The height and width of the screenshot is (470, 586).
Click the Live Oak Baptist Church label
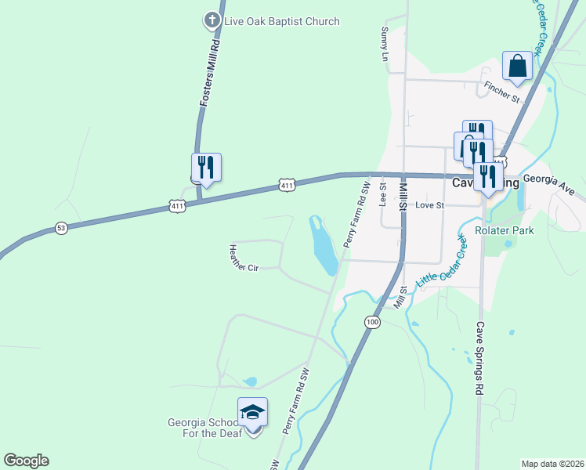tap(282, 21)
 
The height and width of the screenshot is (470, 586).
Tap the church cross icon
tap(212, 20)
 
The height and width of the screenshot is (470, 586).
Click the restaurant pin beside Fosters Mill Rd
tap(206, 168)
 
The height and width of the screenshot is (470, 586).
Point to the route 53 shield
tap(61, 228)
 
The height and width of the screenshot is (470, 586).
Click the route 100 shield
tap(371, 322)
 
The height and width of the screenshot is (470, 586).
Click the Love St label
tap(429, 205)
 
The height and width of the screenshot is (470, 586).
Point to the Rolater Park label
tap(505, 230)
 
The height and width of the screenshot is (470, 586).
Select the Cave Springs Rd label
tap(480, 358)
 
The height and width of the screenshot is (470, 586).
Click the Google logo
tap(26, 461)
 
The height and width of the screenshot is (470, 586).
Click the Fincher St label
tap(502, 92)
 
